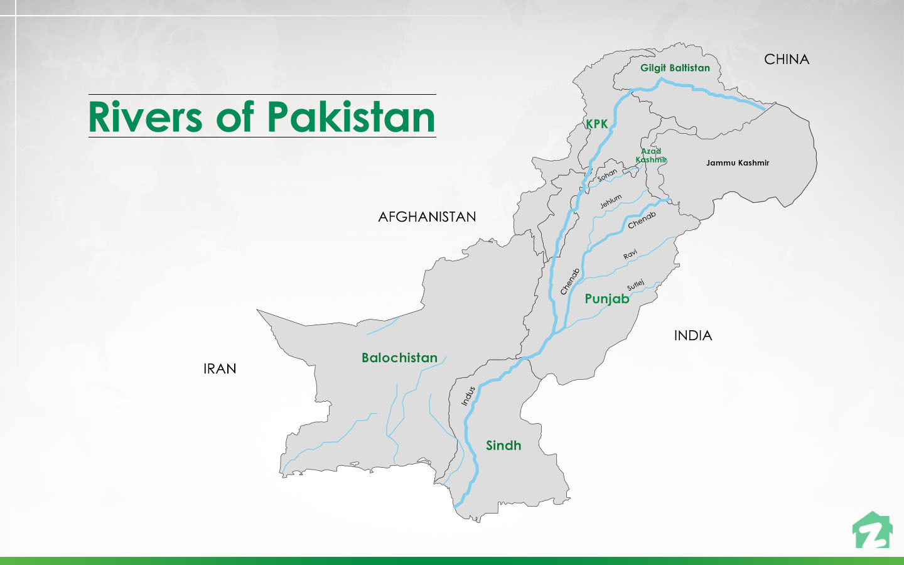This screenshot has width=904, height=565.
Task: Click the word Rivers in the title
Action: click(145, 117)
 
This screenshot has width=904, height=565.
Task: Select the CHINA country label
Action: click(786, 60)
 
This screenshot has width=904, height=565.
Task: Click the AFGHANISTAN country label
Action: click(427, 217)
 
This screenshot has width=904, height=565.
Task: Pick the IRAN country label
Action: click(220, 369)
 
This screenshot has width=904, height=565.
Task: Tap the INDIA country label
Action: click(692, 336)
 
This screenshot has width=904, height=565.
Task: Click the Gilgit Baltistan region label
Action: click(675, 68)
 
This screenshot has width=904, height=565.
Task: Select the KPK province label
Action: click(596, 124)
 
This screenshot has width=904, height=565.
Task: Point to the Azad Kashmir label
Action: click(651, 156)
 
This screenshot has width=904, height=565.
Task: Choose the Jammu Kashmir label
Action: click(737, 163)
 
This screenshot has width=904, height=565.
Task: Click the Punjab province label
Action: click(606, 299)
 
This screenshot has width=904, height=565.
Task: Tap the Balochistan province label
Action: click(399, 358)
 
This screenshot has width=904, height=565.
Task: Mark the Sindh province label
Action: click(503, 446)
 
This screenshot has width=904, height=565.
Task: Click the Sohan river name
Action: click(607, 175)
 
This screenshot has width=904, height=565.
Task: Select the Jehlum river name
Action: click(610, 201)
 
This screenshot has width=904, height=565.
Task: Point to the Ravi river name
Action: click(630, 254)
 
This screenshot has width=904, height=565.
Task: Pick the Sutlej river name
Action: click(635, 285)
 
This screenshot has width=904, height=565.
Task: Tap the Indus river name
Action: click(468, 396)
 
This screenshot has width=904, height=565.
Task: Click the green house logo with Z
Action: click(872, 531)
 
